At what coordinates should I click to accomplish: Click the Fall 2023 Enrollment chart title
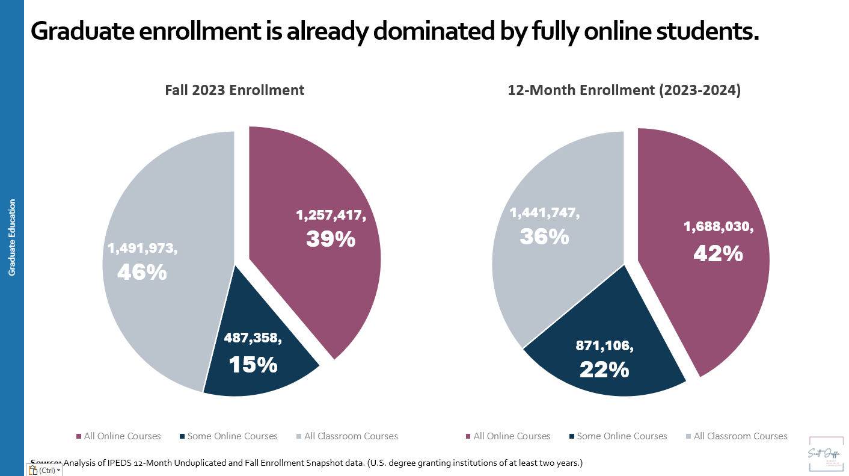coord(234,90)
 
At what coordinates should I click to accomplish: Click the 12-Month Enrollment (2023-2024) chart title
coord(624,90)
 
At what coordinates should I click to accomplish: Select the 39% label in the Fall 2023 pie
coord(331,239)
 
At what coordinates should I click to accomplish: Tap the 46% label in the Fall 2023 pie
coord(142,272)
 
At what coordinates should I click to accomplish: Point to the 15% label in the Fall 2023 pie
coord(253,364)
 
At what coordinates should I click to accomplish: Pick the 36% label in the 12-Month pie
coord(544,236)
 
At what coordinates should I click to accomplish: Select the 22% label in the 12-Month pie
coord(604,369)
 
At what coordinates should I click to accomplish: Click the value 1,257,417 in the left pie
coord(331,215)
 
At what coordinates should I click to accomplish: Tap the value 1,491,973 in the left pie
coord(142,248)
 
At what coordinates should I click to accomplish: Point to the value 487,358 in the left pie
coord(253,338)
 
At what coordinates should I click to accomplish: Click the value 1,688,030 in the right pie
coord(719,227)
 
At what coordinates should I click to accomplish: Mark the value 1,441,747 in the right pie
coord(545,213)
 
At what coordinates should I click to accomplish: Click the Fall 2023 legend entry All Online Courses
coord(123,436)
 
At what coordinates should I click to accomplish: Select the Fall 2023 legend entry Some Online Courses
coord(232,436)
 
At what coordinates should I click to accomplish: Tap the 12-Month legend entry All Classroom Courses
coord(740,436)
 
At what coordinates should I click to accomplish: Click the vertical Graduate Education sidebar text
coord(12,238)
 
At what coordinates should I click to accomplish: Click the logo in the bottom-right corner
coord(826,454)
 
